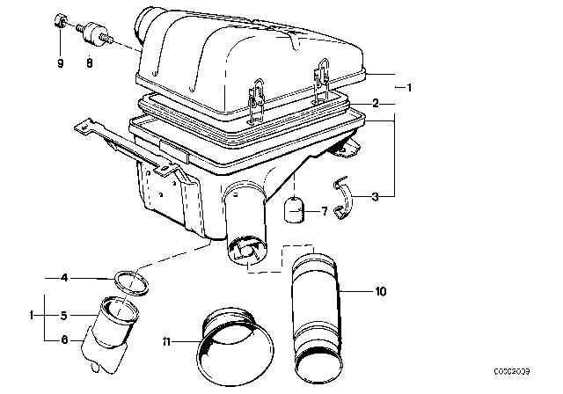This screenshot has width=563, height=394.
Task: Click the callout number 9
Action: click(x=61, y=62)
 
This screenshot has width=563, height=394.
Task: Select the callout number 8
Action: click(x=89, y=62)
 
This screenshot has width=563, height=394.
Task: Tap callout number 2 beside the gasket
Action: click(x=376, y=104)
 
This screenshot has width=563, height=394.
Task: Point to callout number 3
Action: click(x=376, y=198)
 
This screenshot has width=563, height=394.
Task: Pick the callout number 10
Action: click(x=379, y=289)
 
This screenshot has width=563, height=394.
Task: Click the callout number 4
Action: click(x=63, y=279)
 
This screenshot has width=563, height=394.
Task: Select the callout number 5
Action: click(x=63, y=314)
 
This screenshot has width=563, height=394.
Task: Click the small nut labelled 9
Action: click(x=61, y=20)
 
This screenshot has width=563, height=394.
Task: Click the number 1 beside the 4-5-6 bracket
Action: click(x=32, y=314)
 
